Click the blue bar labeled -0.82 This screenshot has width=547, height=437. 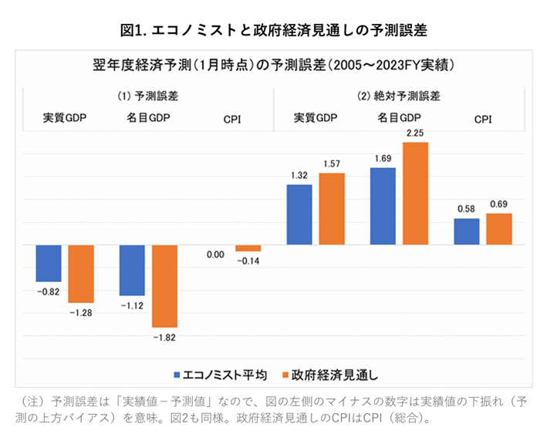49,263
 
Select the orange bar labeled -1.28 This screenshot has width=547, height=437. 80,274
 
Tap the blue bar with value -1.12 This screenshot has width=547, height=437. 132,270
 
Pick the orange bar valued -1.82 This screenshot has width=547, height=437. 164,286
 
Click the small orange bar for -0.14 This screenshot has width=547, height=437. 248,248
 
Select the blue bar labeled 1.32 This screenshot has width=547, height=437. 299,214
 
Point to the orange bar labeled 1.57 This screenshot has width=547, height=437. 332,209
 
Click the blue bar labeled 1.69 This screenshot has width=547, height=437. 383,206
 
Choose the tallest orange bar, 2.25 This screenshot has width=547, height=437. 415,193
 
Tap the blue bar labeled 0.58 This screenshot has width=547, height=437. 467,231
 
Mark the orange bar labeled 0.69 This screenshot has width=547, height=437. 499,229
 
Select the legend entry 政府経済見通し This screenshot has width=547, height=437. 329,375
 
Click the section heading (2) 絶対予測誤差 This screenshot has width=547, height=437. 399,96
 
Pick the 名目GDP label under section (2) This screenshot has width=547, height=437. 399,118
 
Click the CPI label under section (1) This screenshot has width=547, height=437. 232,119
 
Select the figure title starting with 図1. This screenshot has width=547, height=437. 274,30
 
